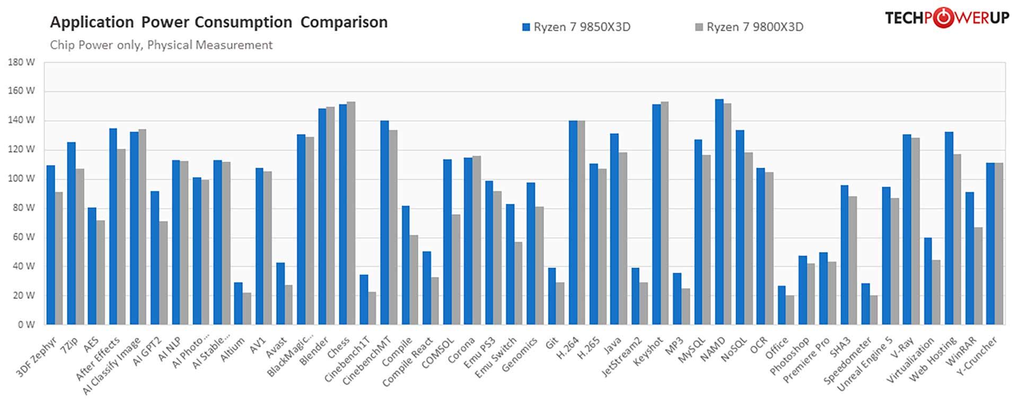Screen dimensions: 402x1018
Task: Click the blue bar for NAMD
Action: click(x=719, y=212)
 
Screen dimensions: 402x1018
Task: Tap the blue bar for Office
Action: click(x=782, y=305)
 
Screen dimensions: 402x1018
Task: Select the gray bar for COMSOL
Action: click(x=455, y=269)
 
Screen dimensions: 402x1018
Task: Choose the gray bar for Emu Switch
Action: click(x=518, y=283)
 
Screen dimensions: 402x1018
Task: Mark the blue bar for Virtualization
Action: click(x=928, y=281)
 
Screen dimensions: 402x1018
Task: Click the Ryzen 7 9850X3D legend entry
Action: click(x=577, y=27)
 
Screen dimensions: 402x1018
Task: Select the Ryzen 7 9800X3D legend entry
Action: click(x=750, y=27)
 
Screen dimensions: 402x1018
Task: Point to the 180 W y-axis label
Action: click(x=22, y=62)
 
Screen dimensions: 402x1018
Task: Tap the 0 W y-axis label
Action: click(x=26, y=325)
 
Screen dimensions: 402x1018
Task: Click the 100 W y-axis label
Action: click(x=22, y=179)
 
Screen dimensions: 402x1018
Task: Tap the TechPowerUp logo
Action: click(x=946, y=18)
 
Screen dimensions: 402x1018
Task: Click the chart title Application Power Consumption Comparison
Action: click(x=218, y=22)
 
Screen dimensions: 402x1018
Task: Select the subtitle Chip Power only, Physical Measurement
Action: click(x=161, y=45)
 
